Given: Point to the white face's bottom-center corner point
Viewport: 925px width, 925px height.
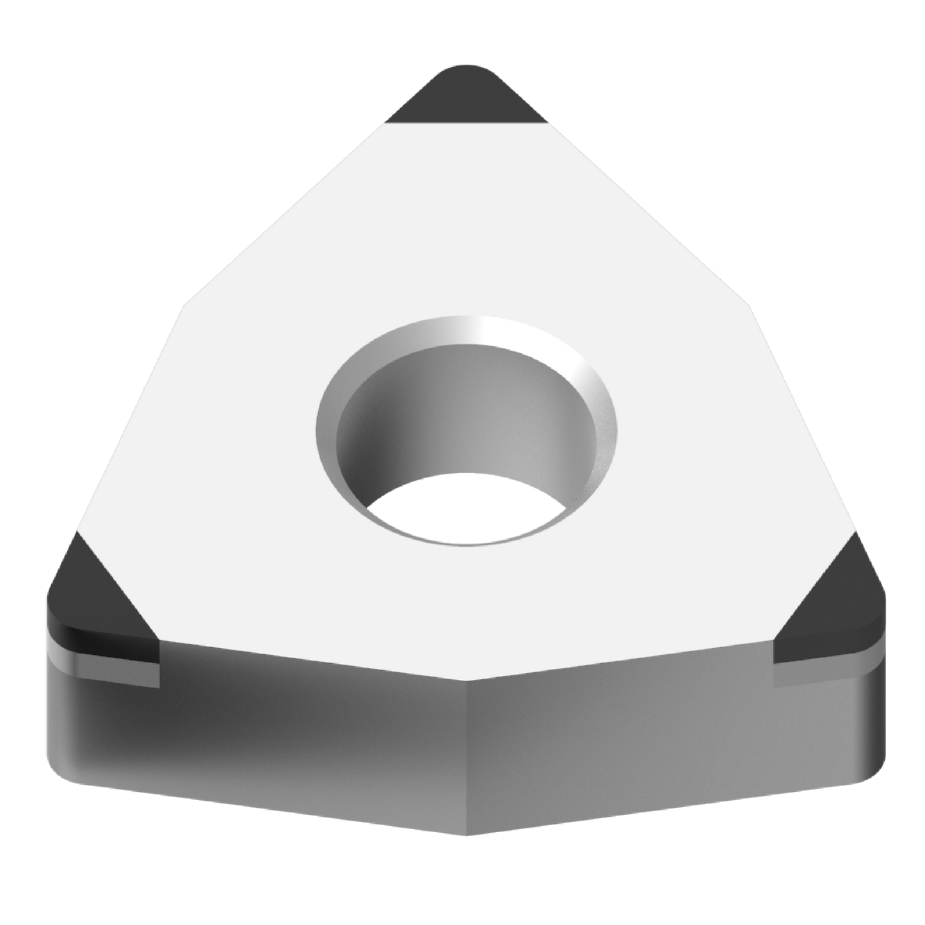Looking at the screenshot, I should click(466, 680).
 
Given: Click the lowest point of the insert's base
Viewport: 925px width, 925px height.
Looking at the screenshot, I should click(466, 836).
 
